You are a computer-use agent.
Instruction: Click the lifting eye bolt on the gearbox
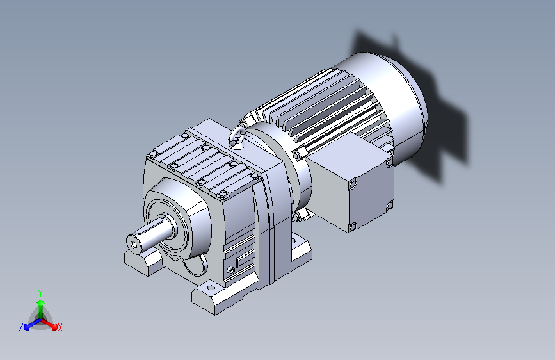(236, 138)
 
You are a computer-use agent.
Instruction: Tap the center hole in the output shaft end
(134, 245)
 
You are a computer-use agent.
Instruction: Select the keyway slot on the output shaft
(145, 231)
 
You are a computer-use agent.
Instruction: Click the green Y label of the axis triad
(40, 293)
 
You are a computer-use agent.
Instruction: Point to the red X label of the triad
(60, 328)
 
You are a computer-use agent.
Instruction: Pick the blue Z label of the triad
(21, 327)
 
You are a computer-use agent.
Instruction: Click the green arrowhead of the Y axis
(41, 303)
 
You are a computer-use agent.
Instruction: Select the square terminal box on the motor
(354, 184)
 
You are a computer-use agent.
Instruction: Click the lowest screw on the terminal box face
(353, 227)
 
